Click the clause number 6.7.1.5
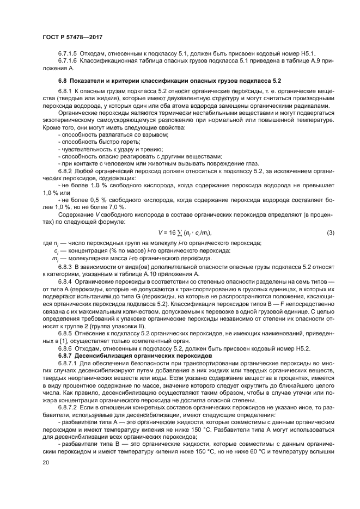[x=68, y=54]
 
